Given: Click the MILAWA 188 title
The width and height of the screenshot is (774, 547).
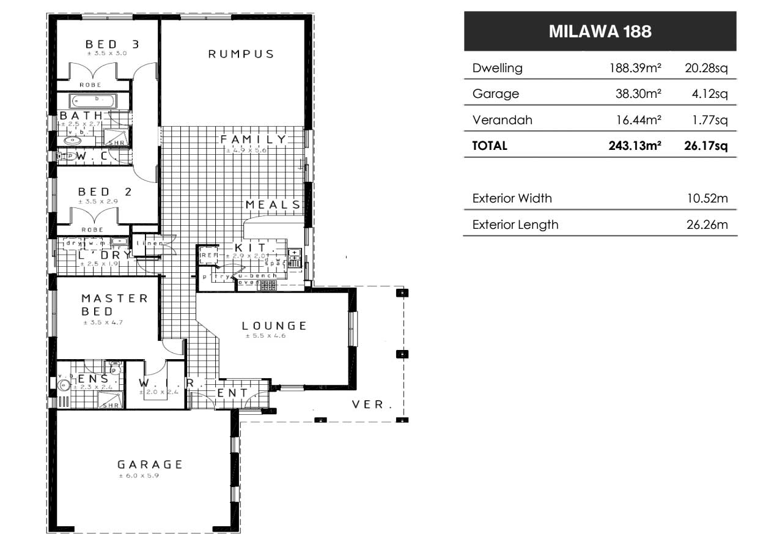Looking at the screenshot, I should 600,31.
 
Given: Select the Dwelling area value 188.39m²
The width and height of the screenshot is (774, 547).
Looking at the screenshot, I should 635,68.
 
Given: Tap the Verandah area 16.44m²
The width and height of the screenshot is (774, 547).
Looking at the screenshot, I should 639,120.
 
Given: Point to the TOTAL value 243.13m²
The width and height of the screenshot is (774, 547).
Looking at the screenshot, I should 635,146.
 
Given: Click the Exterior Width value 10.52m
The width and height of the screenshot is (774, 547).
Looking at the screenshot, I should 707,198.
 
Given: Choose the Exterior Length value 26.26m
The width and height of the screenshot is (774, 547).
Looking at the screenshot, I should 707,225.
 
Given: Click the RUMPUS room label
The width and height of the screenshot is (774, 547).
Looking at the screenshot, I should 241,54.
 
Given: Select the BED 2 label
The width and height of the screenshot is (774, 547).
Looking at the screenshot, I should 105,192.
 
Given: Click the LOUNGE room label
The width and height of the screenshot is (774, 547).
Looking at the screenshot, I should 273,326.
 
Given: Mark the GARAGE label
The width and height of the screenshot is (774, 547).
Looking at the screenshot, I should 150,464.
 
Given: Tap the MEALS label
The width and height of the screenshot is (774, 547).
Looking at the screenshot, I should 273,205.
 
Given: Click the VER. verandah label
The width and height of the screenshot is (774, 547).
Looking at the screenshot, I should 372,404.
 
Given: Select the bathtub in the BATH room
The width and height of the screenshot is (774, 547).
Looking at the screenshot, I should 92,100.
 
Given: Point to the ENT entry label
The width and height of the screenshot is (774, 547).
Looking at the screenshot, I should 233,393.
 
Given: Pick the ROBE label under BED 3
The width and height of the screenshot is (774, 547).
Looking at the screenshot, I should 91,84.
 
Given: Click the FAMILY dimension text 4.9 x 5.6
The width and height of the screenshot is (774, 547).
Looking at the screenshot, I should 246,151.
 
